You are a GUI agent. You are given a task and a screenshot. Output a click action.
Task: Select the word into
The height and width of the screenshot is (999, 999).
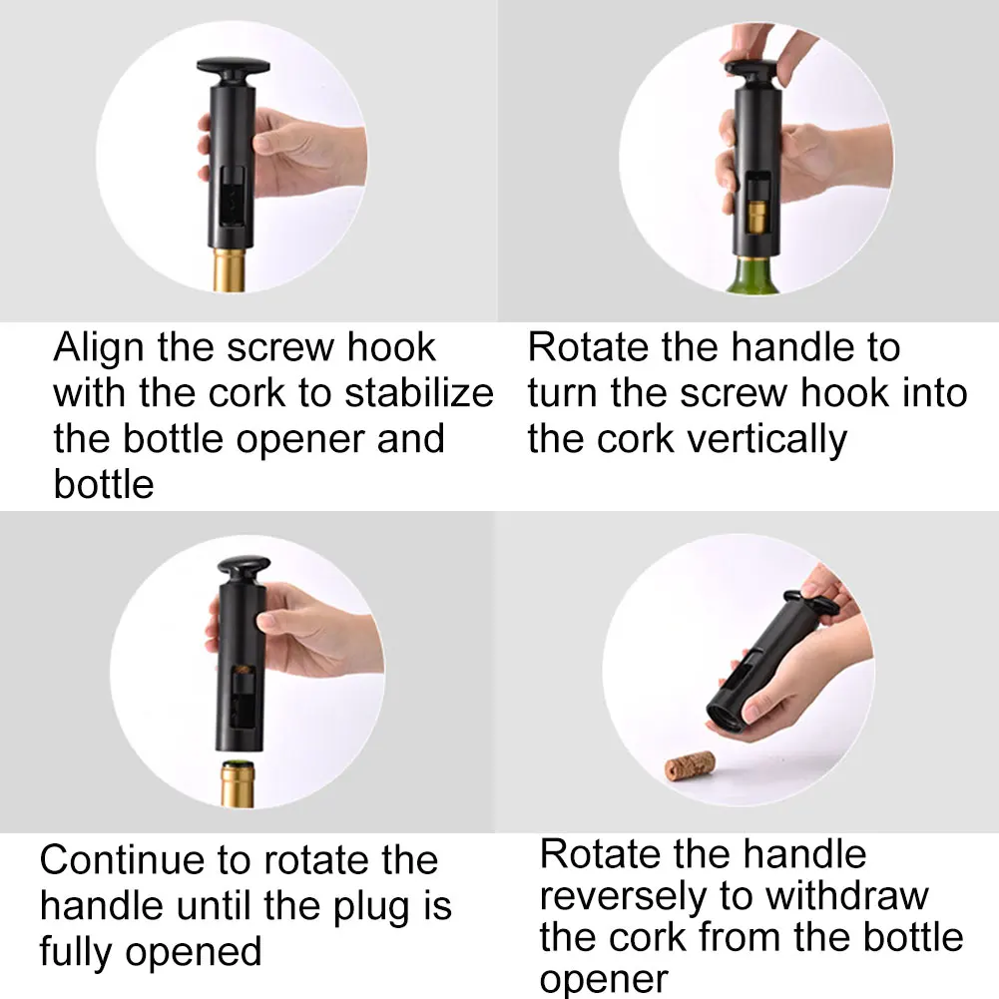(x=930, y=393)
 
